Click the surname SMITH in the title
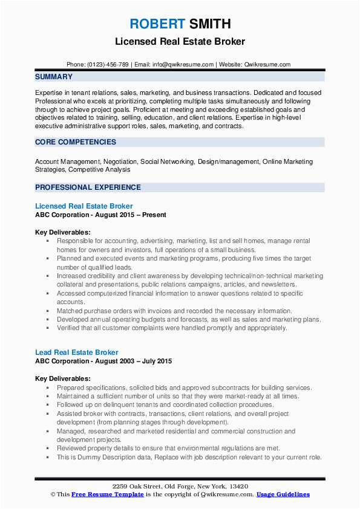pos(209,24)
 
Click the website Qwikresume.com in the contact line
pos(266,64)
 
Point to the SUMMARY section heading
pos(54,77)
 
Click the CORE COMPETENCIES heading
pos(76,142)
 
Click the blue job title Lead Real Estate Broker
pos(77,352)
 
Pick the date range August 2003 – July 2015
pos(136,361)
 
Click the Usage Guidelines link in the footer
pos(283,494)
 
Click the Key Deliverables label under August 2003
pos(63,378)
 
